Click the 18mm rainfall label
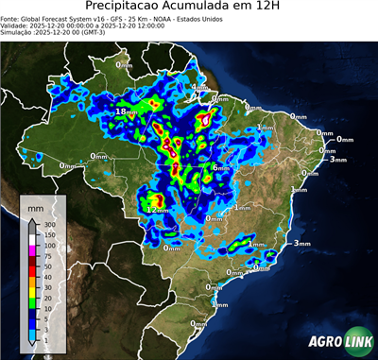pos(126,111)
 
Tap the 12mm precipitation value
pos(156,207)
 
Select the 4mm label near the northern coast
pos(199,88)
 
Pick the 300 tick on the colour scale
pos(48,226)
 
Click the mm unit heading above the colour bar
pos(35,207)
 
